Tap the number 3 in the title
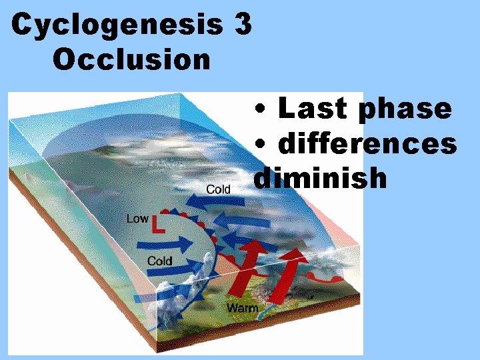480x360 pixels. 243,25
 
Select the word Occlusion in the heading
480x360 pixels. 131,59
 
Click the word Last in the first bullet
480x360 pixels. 312,108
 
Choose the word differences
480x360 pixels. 367,143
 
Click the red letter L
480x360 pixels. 159,225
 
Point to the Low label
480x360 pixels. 137,218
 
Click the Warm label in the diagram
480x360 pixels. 242,308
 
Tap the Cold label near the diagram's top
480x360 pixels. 218,189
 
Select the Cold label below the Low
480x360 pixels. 159,261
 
